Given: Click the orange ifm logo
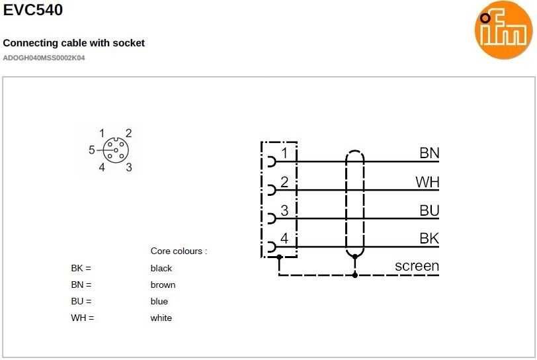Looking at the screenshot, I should tap(503, 29).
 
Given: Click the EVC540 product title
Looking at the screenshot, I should tap(33, 10).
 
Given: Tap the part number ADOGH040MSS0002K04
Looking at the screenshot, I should tap(44, 58).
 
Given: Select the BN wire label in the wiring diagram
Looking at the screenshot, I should tap(429, 154).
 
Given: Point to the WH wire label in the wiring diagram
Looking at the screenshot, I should tap(427, 182).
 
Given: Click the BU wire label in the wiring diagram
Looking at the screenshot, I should tap(429, 210).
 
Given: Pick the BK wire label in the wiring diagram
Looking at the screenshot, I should tap(429, 239).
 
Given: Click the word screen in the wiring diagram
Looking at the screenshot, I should tap(417, 266).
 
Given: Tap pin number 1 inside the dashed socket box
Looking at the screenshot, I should tap(284, 154).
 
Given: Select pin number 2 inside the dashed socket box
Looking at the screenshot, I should tap(284, 182).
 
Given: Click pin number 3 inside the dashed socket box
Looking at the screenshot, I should tap(284, 210).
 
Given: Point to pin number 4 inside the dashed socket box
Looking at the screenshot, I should tap(284, 238).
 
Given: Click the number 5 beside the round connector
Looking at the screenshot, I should tap(92, 150).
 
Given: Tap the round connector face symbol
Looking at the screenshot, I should tap(115, 150).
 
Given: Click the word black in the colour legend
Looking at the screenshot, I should tap(161, 268).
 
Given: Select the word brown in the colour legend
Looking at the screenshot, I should tap(163, 285).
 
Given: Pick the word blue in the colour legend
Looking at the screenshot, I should tap(159, 301).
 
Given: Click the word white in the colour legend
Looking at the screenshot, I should tap(161, 318).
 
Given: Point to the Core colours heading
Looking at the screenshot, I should tap(179, 251).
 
